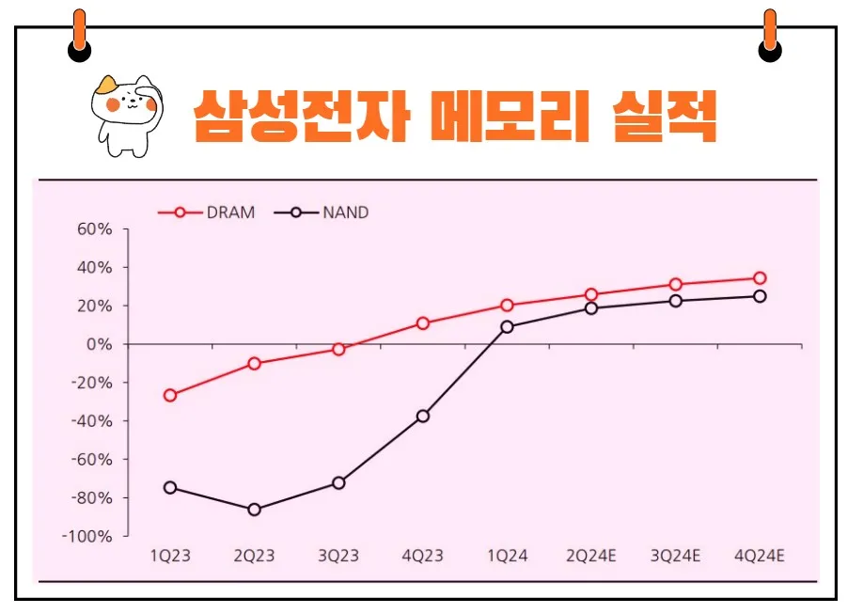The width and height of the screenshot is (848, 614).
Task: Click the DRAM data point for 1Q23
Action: [170, 395]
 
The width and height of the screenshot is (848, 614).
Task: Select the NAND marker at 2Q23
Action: [254, 510]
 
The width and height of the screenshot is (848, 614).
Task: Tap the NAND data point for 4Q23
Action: [423, 416]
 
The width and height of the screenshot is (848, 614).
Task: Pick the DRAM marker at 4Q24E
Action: [760, 278]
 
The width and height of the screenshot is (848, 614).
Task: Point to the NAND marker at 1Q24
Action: [508, 327]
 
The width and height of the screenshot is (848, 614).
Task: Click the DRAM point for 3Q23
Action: [338, 349]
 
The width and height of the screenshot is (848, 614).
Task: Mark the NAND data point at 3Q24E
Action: [675, 301]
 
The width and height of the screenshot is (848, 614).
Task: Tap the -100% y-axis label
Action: [90, 536]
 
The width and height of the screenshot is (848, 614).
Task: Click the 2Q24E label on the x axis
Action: [591, 557]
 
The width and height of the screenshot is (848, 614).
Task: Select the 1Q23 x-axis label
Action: [170, 557]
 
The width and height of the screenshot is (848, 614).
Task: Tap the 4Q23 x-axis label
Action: [423, 557]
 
